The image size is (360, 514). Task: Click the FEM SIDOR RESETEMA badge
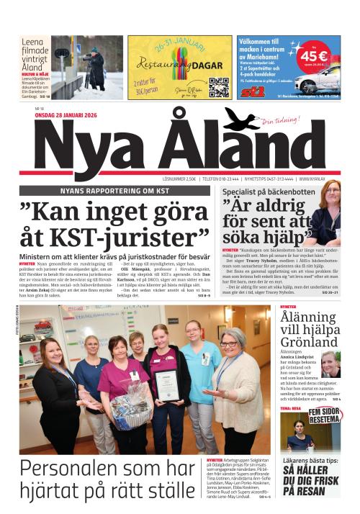(324, 415)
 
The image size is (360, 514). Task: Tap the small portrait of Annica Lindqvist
(330, 364)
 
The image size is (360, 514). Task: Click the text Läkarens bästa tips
(310, 461)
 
